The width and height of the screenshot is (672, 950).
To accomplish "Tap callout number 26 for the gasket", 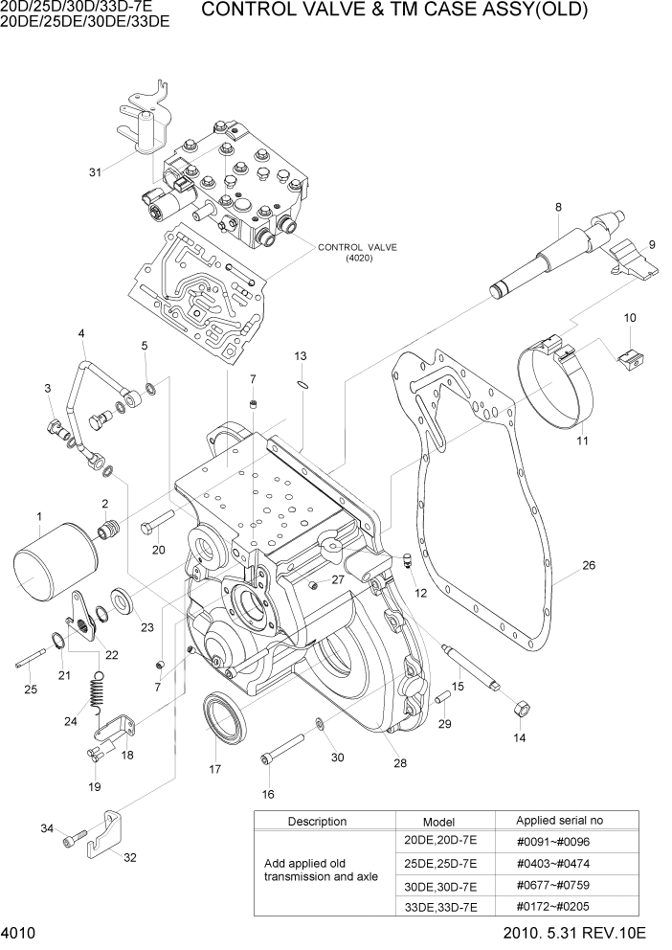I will click(x=589, y=565).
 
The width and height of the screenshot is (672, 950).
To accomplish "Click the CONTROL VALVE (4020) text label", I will click(x=357, y=252).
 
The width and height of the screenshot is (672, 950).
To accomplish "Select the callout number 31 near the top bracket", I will click(x=95, y=172).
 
